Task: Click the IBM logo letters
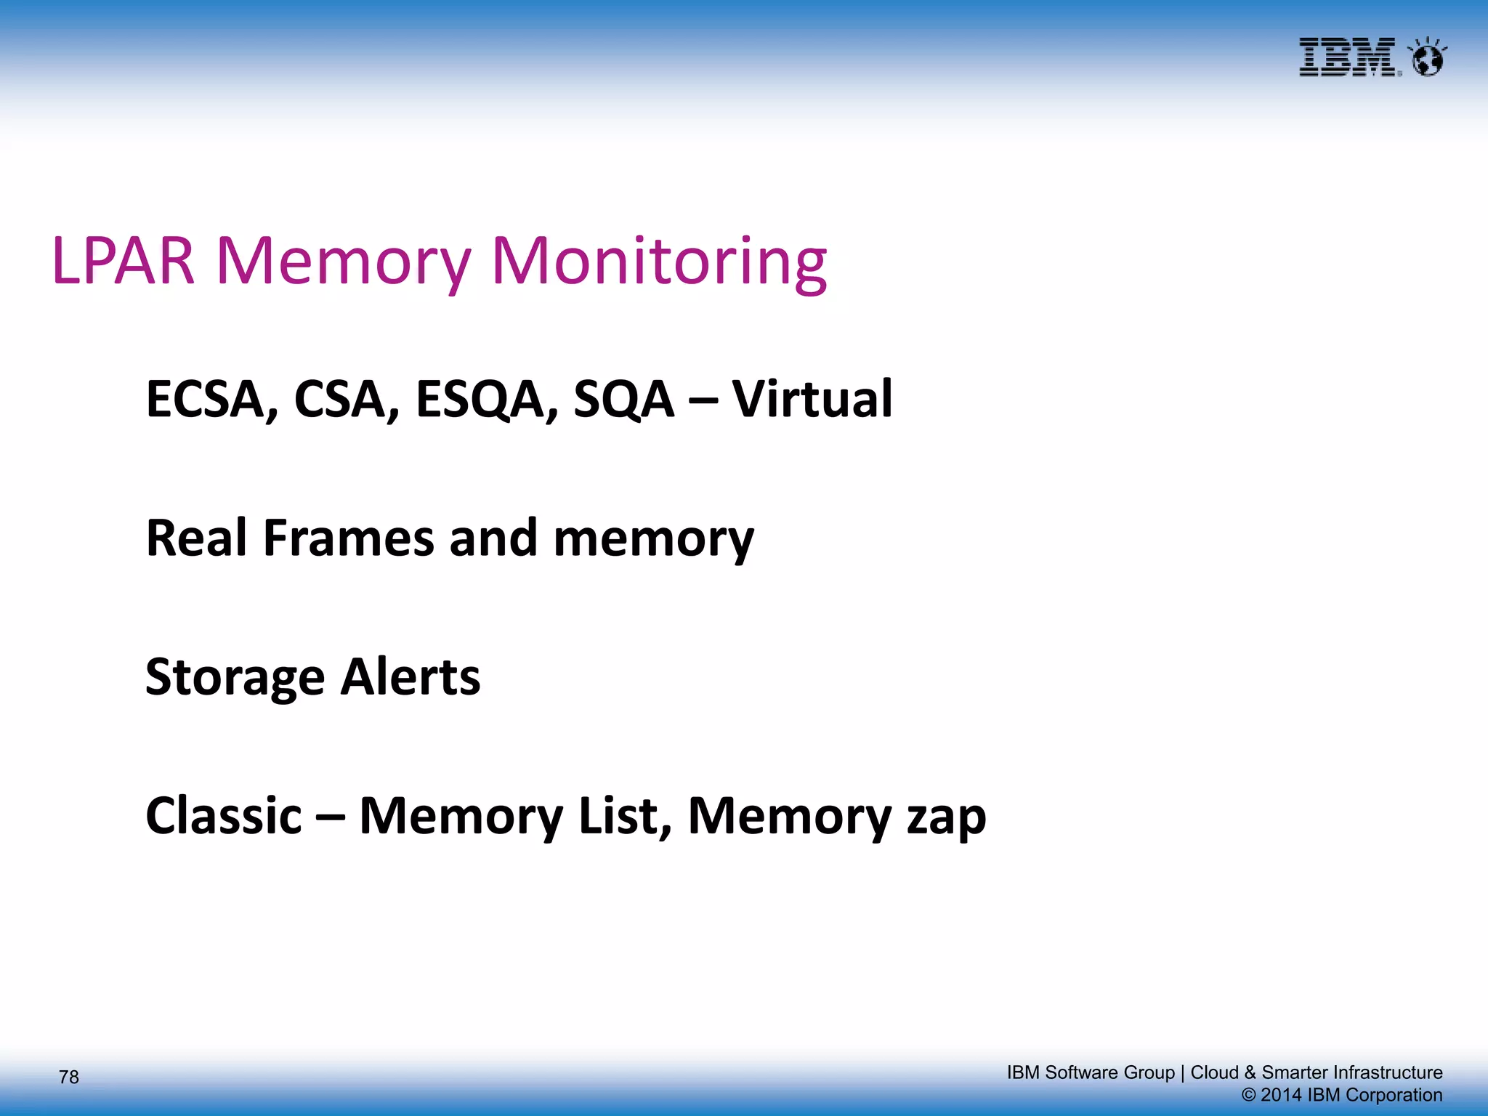click(1348, 57)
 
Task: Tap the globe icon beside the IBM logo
click(1427, 58)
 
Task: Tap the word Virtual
click(812, 399)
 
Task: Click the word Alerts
click(411, 677)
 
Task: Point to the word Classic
click(223, 816)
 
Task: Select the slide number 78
click(69, 1077)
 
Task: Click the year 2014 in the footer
click(1281, 1095)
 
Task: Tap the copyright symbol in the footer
click(1249, 1095)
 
